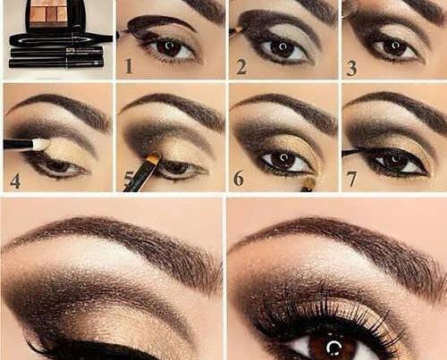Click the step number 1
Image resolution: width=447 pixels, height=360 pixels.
coord(129,66)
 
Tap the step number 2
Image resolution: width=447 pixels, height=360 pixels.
coord(241,67)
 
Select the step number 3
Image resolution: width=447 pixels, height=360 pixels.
coord(352,68)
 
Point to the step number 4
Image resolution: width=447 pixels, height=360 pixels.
coord(15,180)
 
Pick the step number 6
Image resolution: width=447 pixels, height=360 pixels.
coord(238,178)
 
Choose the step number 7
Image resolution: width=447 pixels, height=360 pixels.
coord(351,179)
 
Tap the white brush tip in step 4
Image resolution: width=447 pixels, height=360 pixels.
coord(41,144)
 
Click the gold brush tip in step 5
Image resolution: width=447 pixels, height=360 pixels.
coord(154,157)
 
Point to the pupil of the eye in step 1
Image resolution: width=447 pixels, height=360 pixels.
coord(169,46)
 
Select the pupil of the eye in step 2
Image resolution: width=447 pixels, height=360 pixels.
coord(283,46)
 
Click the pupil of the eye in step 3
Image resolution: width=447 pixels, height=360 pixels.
coord(394,46)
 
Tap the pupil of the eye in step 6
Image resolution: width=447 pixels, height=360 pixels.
coord(284,157)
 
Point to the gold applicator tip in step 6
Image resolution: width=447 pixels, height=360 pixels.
coord(309,183)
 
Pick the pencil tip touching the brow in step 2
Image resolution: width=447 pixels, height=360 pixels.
coord(238,29)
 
